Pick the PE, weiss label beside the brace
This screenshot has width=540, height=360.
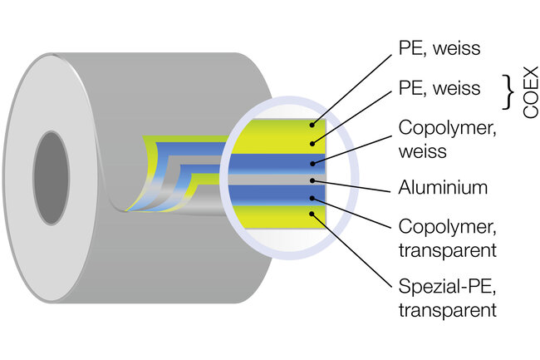(439, 87)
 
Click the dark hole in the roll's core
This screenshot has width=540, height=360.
(52, 163)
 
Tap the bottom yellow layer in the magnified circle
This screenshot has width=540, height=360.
(274, 217)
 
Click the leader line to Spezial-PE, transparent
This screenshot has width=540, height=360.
(353, 254)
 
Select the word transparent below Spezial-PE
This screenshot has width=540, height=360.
(448, 311)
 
